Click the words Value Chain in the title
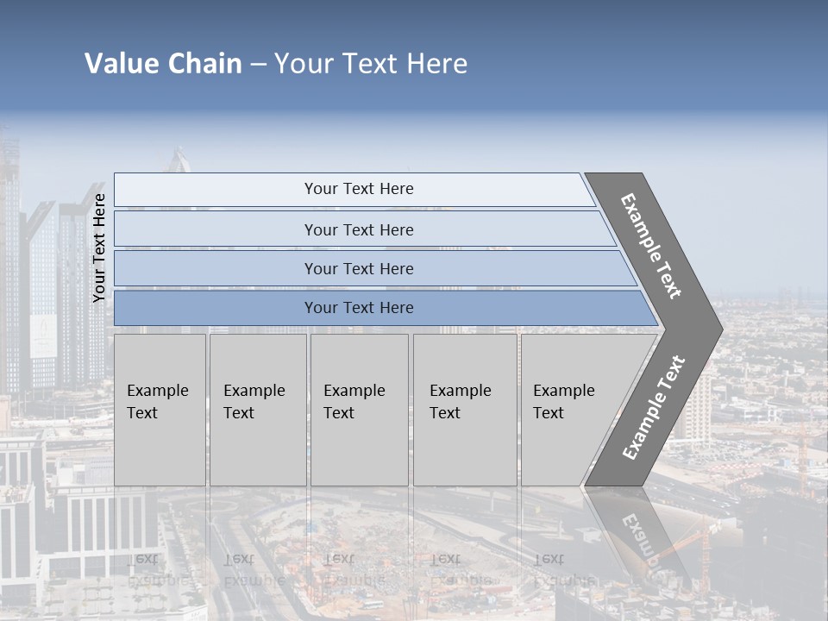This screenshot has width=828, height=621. click(x=163, y=63)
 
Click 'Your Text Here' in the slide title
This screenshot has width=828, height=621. click(x=371, y=63)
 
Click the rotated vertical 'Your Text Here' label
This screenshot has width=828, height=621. click(x=99, y=248)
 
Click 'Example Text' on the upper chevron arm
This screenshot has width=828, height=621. click(x=651, y=246)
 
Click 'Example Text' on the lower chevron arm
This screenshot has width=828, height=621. click(x=654, y=408)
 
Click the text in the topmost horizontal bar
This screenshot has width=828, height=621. click(x=359, y=189)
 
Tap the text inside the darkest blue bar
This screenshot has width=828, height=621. click(x=359, y=308)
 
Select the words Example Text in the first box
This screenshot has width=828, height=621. click(x=157, y=402)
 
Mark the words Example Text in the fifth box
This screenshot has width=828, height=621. click(x=563, y=402)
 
